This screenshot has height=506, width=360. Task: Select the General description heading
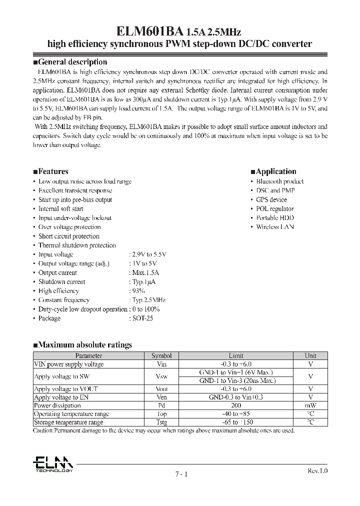(69, 62)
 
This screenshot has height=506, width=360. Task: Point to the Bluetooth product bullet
(279, 181)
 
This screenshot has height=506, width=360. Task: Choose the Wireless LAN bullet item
(275, 227)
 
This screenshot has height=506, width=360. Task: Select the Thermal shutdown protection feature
(77, 245)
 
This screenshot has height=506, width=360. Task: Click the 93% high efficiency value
(137, 291)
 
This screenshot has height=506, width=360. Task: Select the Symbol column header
(161, 355)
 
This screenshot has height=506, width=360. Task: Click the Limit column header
(236, 355)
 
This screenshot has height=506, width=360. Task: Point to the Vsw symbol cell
(161, 376)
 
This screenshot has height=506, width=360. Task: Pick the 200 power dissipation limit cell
(236, 405)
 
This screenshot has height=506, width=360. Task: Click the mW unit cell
(310, 405)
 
